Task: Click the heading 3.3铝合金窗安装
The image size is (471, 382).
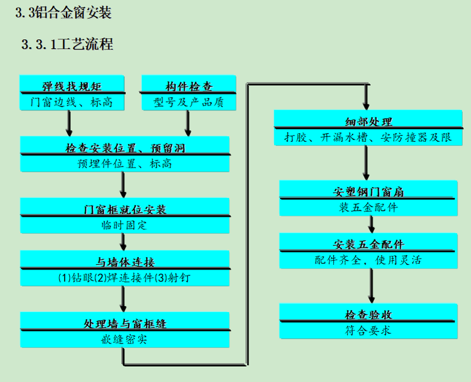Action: point(63,13)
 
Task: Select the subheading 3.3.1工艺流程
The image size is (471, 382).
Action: point(67,44)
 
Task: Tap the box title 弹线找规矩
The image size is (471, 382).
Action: point(72,86)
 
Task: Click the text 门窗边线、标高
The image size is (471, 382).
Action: point(72,102)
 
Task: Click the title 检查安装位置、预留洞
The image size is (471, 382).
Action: point(125,147)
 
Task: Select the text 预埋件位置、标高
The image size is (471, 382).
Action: point(125,163)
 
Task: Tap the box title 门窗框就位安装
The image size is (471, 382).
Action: point(125,209)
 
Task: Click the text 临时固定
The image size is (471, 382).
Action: point(125,225)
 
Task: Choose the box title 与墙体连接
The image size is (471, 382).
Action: point(125,262)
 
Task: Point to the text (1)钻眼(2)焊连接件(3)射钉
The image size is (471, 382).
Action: point(125,278)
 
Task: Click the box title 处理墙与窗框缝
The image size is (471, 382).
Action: point(125,323)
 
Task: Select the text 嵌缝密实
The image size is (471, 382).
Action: point(125,339)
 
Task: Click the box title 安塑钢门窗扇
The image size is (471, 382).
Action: point(368,192)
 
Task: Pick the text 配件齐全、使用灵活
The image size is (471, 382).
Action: point(368,260)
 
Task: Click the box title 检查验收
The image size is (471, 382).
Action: point(368,314)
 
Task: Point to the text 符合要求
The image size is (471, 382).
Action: point(368,330)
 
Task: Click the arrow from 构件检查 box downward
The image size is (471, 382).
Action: point(188,124)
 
